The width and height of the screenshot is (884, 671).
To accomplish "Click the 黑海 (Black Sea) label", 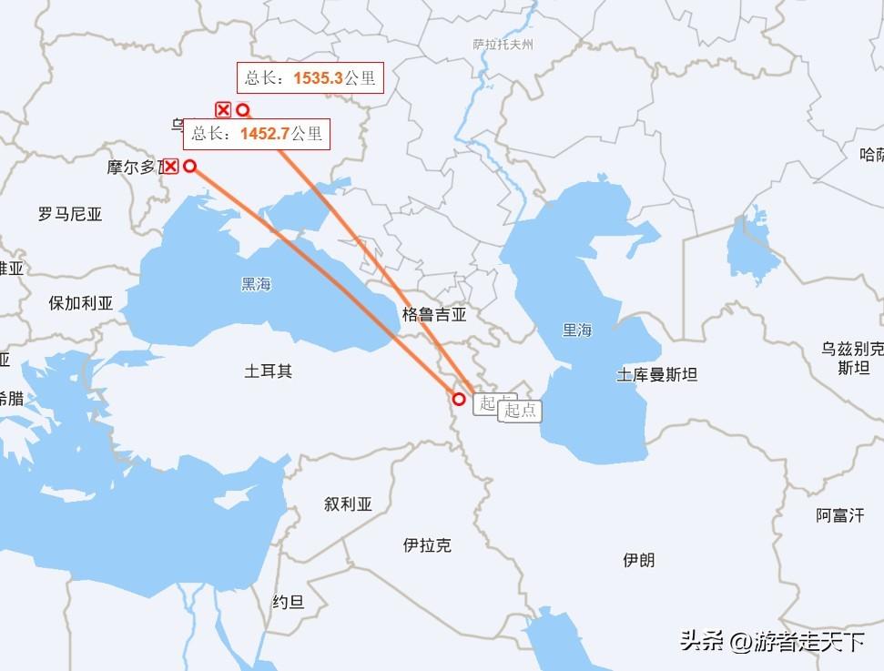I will (256, 284).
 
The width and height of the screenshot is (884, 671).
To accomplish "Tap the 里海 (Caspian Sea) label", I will (576, 330).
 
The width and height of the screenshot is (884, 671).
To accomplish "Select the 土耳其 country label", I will (269, 371).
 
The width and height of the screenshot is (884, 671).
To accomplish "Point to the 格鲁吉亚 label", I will (434, 315).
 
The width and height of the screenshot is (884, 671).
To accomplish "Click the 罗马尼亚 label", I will (70, 215).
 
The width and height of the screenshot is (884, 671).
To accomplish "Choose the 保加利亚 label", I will (81, 303).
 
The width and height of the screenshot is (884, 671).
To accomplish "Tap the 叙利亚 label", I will (348, 503).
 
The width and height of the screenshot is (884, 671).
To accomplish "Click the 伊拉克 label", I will (427, 545).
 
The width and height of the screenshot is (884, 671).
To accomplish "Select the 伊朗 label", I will (638, 560).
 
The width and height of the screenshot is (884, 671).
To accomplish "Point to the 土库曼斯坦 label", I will (656, 374).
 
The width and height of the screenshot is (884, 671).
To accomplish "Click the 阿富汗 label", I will (839, 515).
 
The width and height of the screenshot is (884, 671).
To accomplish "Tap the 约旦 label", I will (288, 602).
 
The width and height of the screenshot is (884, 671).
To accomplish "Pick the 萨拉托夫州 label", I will (503, 44).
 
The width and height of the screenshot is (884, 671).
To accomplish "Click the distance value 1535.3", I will (318, 78).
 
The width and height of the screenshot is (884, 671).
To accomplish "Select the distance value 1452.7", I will (265, 134).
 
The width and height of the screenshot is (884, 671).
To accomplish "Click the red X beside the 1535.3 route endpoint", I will (223, 110).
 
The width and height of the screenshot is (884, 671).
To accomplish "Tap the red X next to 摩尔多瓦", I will (170, 166).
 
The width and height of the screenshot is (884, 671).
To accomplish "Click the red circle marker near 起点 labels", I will (459, 399).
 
